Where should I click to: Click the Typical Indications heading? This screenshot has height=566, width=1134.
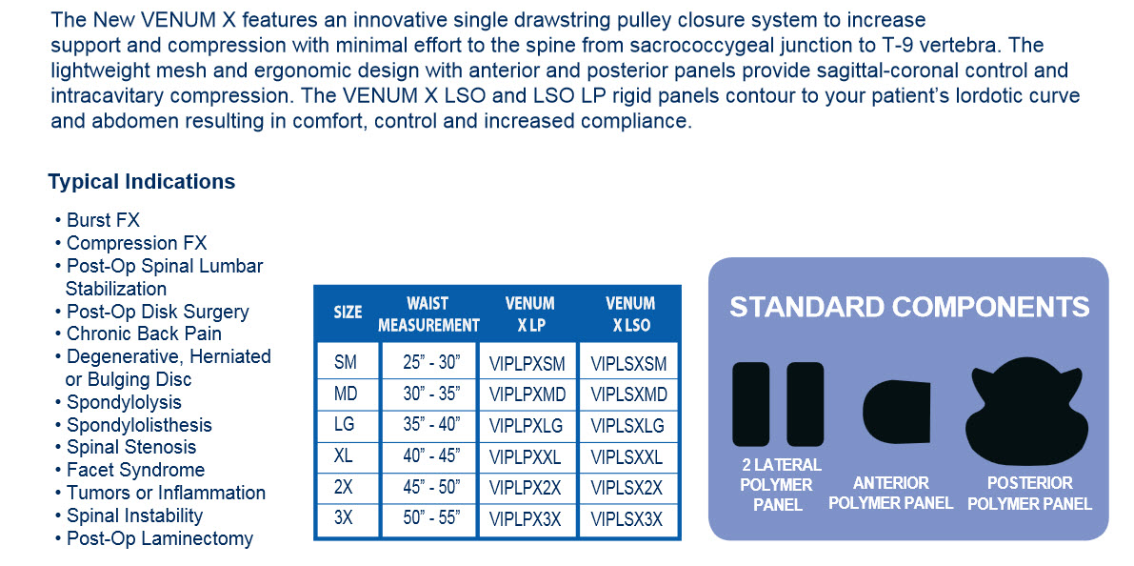[142, 181]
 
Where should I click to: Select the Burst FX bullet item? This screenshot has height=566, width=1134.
[97, 220]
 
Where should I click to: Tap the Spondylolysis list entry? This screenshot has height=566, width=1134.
[118, 402]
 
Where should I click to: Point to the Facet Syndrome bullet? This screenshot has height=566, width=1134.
[129, 470]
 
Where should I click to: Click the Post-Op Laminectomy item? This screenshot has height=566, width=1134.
[153, 538]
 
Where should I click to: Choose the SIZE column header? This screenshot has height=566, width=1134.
[348, 313]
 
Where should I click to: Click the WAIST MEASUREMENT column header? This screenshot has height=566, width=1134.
[428, 314]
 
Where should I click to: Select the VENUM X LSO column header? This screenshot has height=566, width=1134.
[630, 314]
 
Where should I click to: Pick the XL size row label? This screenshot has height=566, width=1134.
[345, 456]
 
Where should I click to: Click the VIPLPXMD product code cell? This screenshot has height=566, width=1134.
[527, 395]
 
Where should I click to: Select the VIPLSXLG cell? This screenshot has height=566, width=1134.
[627, 426]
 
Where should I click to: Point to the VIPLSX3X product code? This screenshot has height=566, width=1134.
[627, 519]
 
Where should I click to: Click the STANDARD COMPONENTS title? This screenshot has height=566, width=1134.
[909, 307]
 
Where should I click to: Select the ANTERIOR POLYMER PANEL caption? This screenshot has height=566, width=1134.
[891, 493]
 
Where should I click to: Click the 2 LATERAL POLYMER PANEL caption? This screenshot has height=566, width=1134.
[778, 484]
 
